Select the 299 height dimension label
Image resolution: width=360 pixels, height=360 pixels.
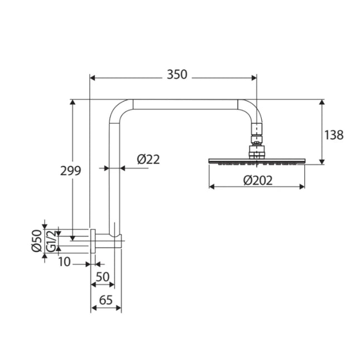[x=71, y=171]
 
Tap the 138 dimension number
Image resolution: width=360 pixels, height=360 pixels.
[x=333, y=135]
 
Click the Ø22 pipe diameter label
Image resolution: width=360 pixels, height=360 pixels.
[x=148, y=160]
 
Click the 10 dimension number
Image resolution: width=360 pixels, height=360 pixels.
[x=65, y=262]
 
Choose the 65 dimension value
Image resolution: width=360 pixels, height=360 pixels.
[x=106, y=300]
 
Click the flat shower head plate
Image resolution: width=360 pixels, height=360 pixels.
[x=256, y=161]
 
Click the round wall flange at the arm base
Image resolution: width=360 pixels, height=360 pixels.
[x=94, y=241]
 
